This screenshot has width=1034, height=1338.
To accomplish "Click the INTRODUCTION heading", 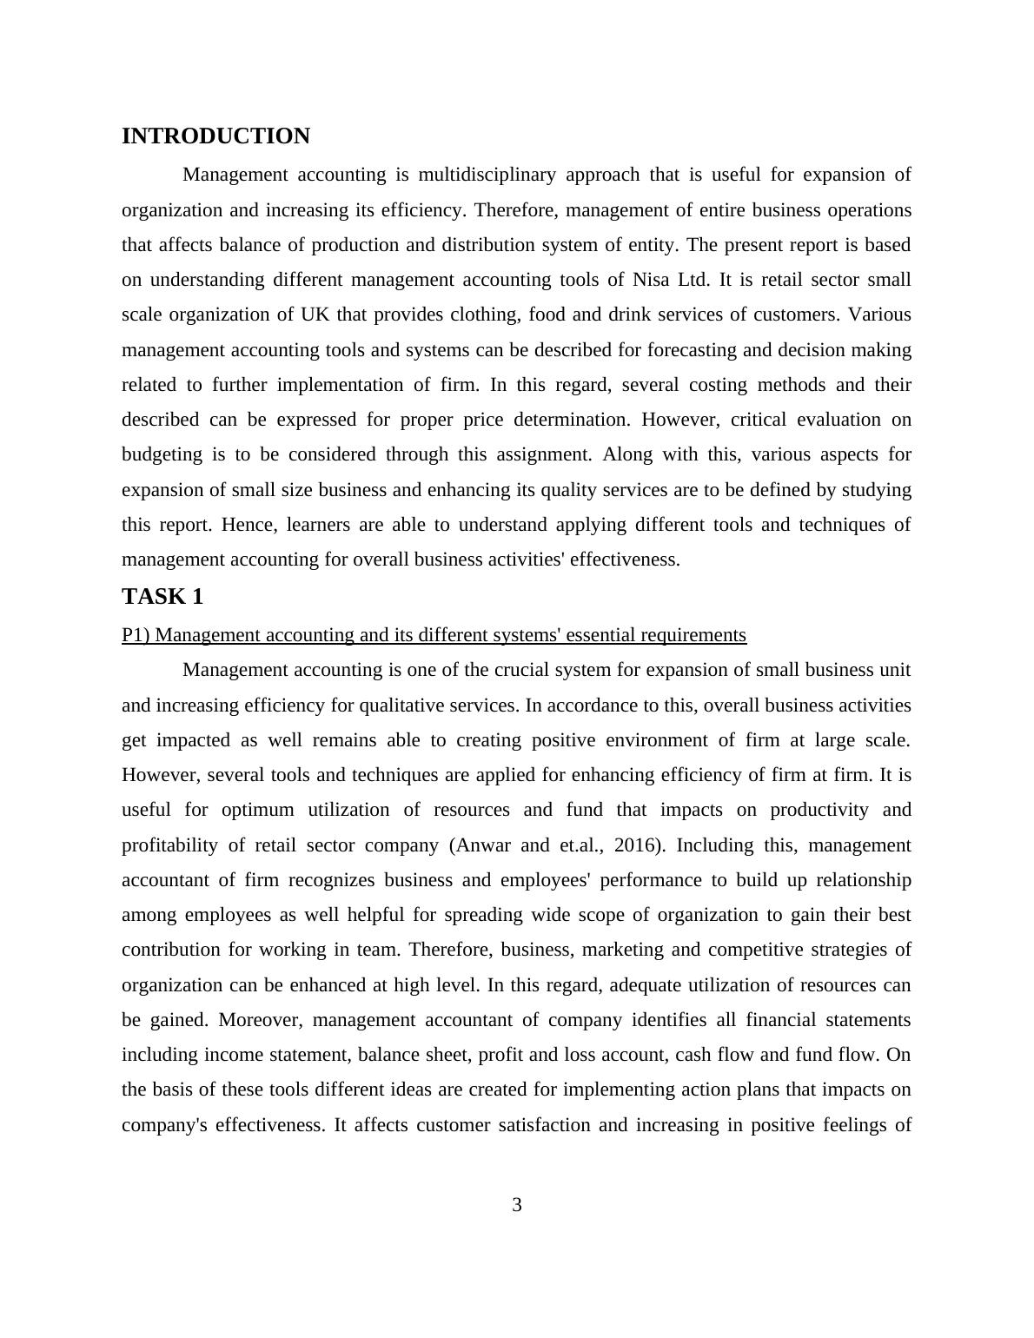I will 215,136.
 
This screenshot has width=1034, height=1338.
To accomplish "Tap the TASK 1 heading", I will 162,596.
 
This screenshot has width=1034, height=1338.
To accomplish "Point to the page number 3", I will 517,1205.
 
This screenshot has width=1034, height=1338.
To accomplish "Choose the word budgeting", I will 162,454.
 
